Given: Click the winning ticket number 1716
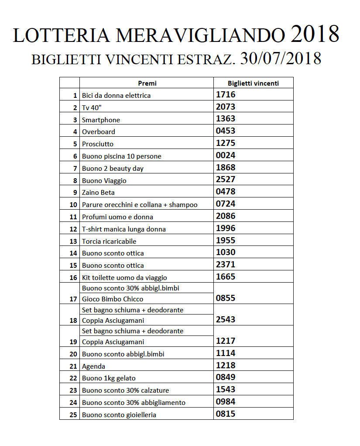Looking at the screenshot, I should pyautogui.click(x=226, y=94).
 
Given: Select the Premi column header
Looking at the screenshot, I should pyautogui.click(x=147, y=83).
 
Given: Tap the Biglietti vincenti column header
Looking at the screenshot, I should pyautogui.click(x=254, y=83).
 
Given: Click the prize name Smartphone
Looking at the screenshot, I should pyautogui.click(x=101, y=120).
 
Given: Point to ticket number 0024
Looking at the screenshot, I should pyautogui.click(x=226, y=155).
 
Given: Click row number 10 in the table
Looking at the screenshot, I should pyautogui.click(x=73, y=204).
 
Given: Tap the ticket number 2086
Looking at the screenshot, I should pyautogui.click(x=226, y=216).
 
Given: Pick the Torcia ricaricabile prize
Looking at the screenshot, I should pyautogui.click(x=109, y=241).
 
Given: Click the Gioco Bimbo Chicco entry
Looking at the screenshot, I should pyautogui.click(x=113, y=299).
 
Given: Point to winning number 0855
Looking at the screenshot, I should pyautogui.click(x=226, y=298).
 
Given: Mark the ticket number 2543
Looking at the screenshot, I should pyautogui.click(x=226, y=319).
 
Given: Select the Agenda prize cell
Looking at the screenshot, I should pyautogui.click(x=93, y=366).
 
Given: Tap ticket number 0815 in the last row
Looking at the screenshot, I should pyautogui.click(x=226, y=414).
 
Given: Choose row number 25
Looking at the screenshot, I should pyautogui.click(x=73, y=415).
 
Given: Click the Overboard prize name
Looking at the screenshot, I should pyautogui.click(x=99, y=131).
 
